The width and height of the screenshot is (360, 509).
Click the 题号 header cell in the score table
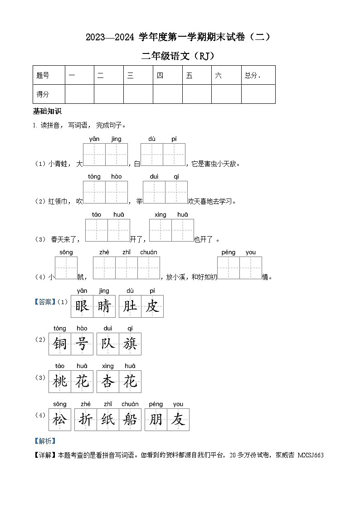pos(43,76)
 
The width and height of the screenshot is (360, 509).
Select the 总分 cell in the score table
pos(253,76)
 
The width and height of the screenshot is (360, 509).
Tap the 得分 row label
pos(43,94)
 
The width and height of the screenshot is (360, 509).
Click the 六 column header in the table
pos(219,76)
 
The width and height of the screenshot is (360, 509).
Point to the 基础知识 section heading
pos(47,111)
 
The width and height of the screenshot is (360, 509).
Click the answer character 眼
pos(82,306)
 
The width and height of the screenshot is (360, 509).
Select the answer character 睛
pos(104,306)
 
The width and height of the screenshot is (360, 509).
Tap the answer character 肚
pos(130,306)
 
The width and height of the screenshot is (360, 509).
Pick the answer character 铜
pos(60,344)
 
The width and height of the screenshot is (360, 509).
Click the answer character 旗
pos(130,344)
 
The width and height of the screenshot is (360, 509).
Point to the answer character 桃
pos(60,382)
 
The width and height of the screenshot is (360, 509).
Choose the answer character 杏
pos(108,382)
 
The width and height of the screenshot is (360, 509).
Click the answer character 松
pos(60,420)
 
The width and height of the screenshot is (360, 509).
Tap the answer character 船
pos(130,420)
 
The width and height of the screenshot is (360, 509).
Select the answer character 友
pos(178,420)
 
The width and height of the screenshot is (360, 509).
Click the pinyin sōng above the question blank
pos(66,252)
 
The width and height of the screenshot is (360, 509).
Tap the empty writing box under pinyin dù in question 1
pos(152,155)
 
